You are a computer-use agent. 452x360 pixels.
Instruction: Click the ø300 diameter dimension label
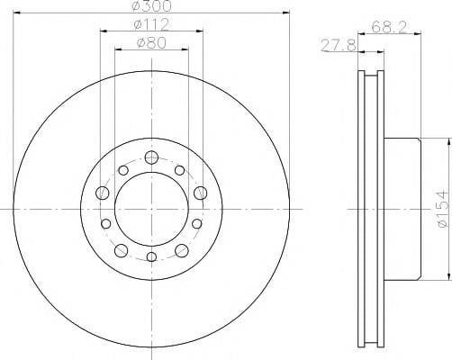(151, 6)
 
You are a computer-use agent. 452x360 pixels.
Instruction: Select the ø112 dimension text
(151, 24)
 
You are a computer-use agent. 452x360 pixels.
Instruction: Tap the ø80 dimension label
(151, 43)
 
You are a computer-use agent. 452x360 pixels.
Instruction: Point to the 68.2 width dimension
(389, 27)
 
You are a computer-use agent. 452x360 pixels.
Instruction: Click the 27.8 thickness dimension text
(339, 46)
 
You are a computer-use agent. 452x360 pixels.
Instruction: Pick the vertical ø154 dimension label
(445, 209)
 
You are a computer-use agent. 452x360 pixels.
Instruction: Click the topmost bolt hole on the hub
(151, 157)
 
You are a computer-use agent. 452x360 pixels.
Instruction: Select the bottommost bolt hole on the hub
(152, 256)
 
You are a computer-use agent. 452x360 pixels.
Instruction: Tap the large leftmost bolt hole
(102, 193)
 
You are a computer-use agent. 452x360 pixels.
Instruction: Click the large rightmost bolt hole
(201, 193)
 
